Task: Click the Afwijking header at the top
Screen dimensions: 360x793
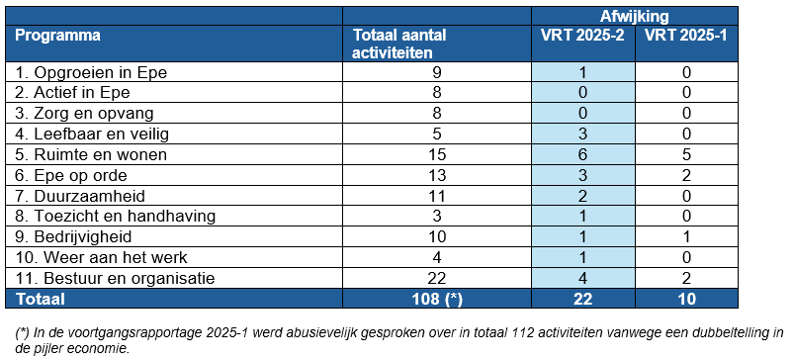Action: [634, 16]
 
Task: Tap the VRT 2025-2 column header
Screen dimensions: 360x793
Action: [582, 36]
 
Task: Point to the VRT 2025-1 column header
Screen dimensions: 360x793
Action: [685, 36]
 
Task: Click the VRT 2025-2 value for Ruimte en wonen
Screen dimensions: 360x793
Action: [582, 154]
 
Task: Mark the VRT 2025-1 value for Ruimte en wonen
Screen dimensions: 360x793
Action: [685, 154]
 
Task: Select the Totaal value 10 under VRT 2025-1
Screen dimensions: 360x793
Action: [685, 298]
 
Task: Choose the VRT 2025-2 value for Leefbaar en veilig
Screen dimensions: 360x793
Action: [582, 134]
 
